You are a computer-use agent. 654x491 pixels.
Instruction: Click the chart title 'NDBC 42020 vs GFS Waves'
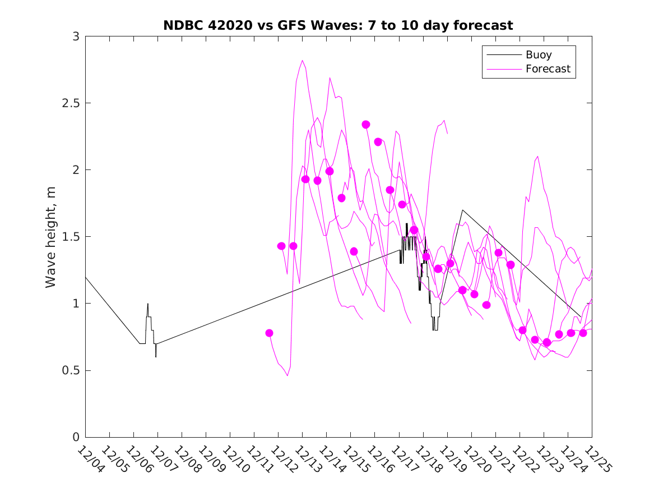pos(338,25)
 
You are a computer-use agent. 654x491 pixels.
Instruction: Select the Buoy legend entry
pos(538,55)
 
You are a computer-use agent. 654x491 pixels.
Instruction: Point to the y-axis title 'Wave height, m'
pos(51,237)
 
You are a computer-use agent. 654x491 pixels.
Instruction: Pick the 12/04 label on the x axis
pos(91,460)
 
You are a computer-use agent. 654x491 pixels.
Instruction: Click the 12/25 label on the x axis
pos(597,460)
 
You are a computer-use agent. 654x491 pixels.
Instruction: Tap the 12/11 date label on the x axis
pos(259,460)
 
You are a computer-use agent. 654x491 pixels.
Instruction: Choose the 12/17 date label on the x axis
pos(404,460)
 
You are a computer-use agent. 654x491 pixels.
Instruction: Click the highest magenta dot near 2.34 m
pos(366,125)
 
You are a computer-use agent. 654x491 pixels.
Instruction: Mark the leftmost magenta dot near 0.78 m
pos(269,333)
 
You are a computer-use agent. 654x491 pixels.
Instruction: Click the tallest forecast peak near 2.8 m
pos(302,61)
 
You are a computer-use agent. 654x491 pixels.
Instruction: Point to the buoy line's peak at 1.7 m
pos(462,210)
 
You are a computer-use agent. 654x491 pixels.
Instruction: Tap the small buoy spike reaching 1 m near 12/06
pos(148,304)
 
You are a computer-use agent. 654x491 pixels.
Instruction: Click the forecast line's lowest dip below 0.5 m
pos(287,375)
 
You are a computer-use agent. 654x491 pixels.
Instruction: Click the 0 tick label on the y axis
pos(75,437)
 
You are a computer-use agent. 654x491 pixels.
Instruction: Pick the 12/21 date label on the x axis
pos(500,460)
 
